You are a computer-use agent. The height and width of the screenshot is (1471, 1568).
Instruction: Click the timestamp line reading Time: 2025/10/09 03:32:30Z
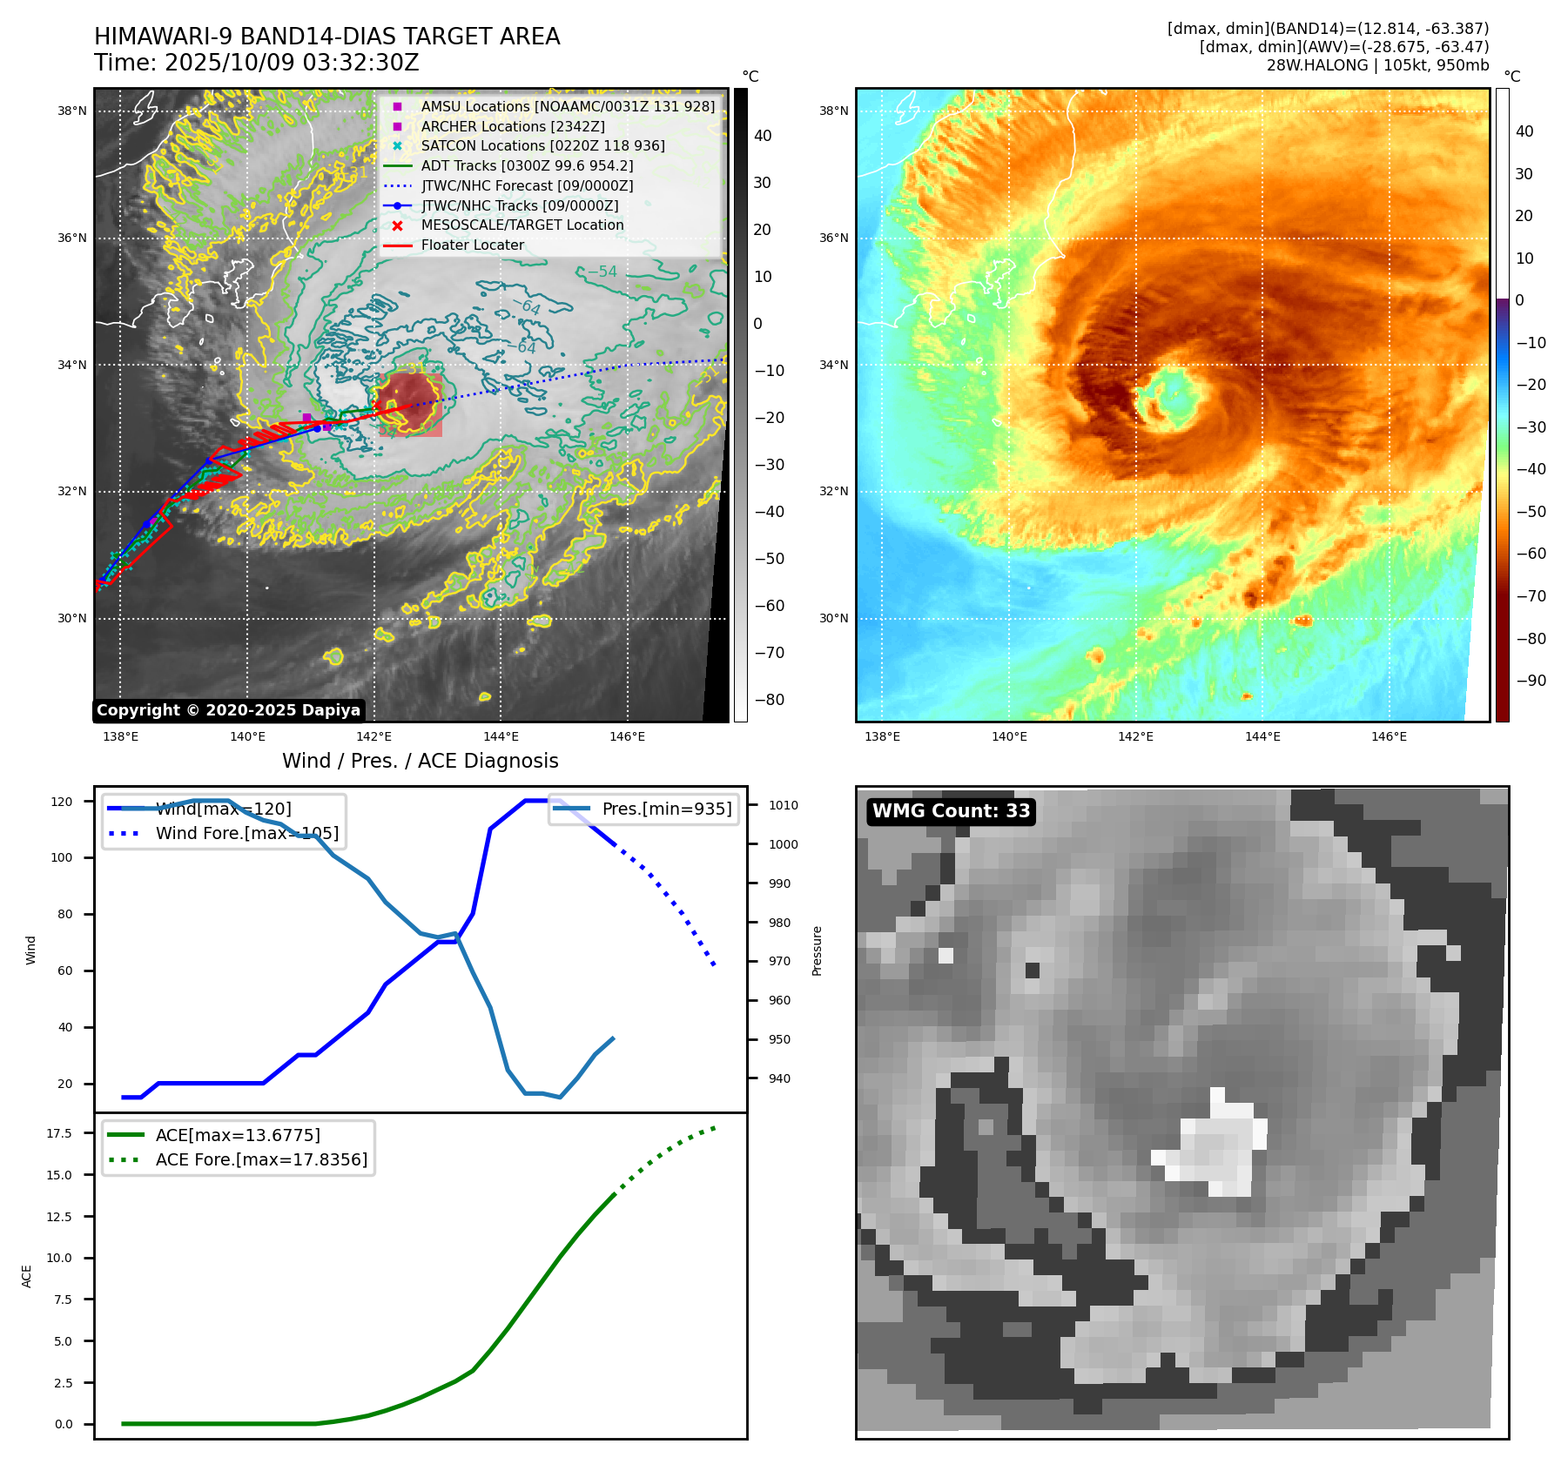click(x=257, y=64)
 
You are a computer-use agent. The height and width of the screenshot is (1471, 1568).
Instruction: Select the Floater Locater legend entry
click(x=472, y=245)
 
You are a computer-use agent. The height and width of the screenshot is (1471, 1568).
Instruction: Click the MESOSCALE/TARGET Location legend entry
click(x=522, y=225)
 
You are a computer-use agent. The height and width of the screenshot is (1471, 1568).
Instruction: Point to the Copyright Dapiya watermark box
click(x=228, y=710)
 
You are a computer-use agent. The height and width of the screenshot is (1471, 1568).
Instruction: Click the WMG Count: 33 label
click(x=951, y=811)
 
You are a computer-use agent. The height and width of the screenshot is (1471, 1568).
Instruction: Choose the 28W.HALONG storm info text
click(x=1377, y=65)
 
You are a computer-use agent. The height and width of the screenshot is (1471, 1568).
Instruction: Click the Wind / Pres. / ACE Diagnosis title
click(x=420, y=761)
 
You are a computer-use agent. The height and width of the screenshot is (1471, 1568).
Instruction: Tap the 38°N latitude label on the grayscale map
click(x=72, y=111)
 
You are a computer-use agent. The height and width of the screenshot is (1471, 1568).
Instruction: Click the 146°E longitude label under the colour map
click(x=1389, y=737)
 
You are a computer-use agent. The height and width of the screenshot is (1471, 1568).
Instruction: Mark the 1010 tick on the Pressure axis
click(x=783, y=805)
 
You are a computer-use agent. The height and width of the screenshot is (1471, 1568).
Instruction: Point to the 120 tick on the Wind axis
click(x=62, y=802)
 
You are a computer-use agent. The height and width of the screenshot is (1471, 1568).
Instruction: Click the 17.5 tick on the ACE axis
click(x=59, y=1133)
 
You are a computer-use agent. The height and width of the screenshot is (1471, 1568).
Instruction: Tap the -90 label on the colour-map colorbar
click(x=1531, y=681)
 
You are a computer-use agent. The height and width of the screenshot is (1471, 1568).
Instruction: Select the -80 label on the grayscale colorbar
click(x=769, y=700)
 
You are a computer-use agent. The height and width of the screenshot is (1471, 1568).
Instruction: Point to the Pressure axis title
click(x=817, y=950)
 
